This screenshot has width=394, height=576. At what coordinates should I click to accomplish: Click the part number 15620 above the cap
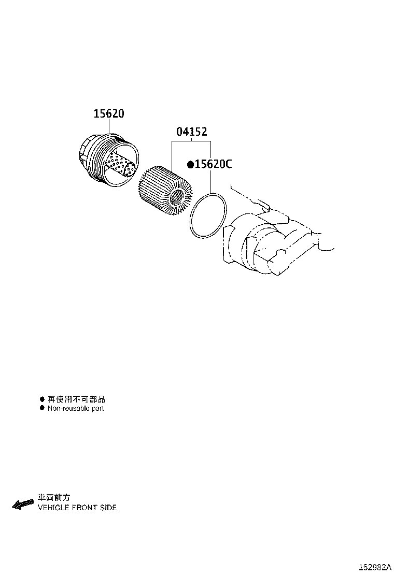click(x=109, y=113)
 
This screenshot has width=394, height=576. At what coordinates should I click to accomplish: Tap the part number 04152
click(x=191, y=132)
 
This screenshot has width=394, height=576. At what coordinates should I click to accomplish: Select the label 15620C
click(x=213, y=164)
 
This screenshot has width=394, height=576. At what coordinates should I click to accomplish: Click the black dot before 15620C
click(x=190, y=165)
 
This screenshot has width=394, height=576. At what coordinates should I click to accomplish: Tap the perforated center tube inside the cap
click(x=119, y=165)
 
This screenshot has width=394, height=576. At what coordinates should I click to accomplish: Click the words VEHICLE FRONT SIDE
click(x=77, y=508)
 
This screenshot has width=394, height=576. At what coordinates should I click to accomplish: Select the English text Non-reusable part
click(x=76, y=408)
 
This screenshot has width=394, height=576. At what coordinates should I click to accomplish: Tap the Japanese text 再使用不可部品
click(x=76, y=399)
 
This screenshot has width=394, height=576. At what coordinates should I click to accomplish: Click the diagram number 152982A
click(x=374, y=568)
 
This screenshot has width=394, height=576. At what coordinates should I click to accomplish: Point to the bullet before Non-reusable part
click(x=42, y=408)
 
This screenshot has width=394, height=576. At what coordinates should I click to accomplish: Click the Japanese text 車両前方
click(x=54, y=498)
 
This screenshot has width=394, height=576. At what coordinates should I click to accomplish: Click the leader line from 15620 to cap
click(x=109, y=126)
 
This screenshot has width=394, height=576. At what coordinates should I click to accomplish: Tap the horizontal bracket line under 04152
click(x=191, y=141)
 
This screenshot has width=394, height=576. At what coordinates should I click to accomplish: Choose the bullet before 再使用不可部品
click(x=42, y=399)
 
